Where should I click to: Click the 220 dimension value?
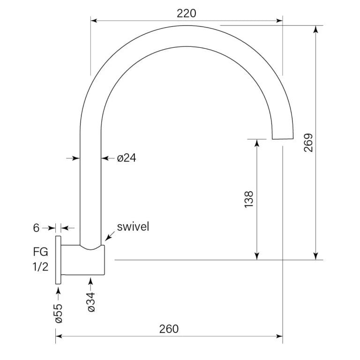(x=186, y=14)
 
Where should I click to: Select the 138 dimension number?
(x=249, y=200)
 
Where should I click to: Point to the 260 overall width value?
(x=169, y=329)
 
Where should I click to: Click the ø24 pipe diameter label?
(x=127, y=158)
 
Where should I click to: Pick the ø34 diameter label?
(x=91, y=302)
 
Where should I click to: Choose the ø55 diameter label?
(x=58, y=313)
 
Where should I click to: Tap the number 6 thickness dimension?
(x=36, y=228)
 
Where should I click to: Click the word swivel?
(x=133, y=226)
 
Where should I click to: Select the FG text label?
(x=40, y=252)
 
